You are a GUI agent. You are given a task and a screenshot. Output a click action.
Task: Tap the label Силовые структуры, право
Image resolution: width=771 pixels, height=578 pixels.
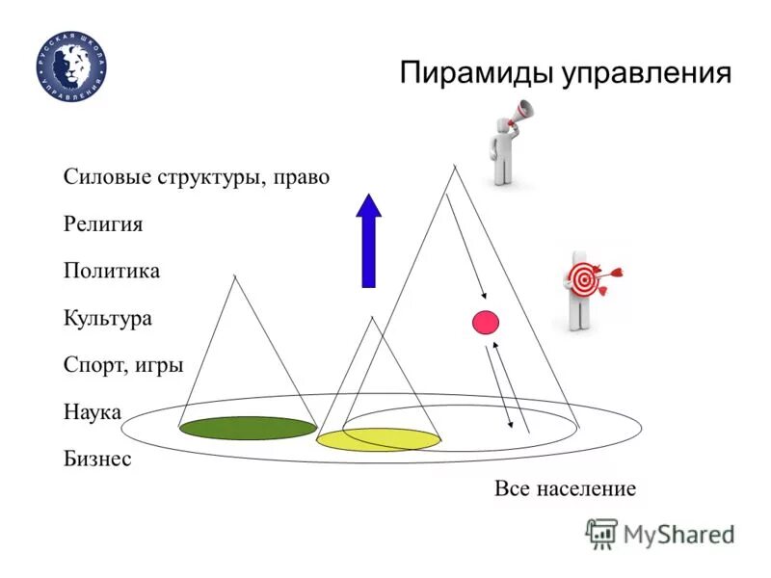(x=197, y=178)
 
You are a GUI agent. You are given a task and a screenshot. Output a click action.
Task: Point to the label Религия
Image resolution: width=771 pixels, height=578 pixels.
(x=103, y=224)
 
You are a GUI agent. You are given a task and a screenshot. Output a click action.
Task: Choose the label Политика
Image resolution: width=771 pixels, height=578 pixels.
(x=112, y=271)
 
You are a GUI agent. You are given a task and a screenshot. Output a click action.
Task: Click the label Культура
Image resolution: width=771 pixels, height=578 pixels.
(x=108, y=317)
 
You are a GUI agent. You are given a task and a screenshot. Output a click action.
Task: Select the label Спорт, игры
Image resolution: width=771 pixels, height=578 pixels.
(x=123, y=364)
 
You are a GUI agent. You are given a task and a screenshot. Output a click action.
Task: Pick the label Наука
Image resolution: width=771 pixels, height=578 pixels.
(x=93, y=411)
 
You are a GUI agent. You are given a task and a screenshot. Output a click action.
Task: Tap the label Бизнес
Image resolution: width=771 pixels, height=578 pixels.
(x=97, y=459)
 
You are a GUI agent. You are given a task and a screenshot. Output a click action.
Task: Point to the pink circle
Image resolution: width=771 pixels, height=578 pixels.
(x=485, y=322)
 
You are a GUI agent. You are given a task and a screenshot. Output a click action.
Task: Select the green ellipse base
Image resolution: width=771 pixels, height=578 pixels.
(x=248, y=428)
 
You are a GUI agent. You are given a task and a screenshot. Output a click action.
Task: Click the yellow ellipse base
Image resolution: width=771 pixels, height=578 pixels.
(x=379, y=440)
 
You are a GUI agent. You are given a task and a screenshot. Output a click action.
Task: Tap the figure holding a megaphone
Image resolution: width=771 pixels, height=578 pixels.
(x=504, y=149)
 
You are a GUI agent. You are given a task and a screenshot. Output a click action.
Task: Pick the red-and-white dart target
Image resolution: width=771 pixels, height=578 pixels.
(x=584, y=280)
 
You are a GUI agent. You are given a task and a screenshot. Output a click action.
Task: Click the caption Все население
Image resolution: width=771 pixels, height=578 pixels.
(x=566, y=488)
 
